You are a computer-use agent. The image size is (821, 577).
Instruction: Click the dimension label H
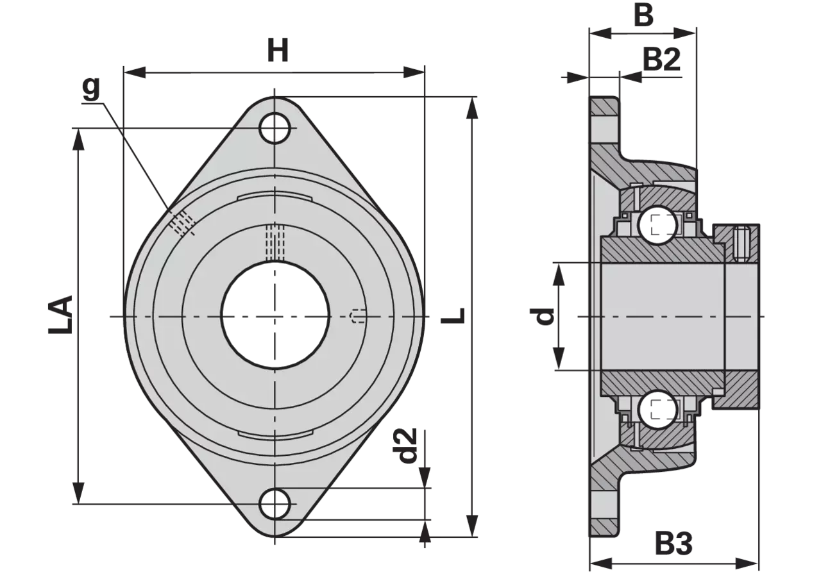click(278, 51)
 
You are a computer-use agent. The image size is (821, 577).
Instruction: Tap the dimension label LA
click(60, 315)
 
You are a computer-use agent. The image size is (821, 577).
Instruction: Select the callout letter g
click(91, 88)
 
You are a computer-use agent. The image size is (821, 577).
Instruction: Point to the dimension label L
click(453, 315)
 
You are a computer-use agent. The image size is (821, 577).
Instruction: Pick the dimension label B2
click(661, 60)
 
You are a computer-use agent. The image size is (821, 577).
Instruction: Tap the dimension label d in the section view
click(543, 317)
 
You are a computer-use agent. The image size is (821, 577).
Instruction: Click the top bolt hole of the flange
click(275, 128)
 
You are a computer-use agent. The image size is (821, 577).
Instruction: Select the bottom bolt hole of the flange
click(275, 504)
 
